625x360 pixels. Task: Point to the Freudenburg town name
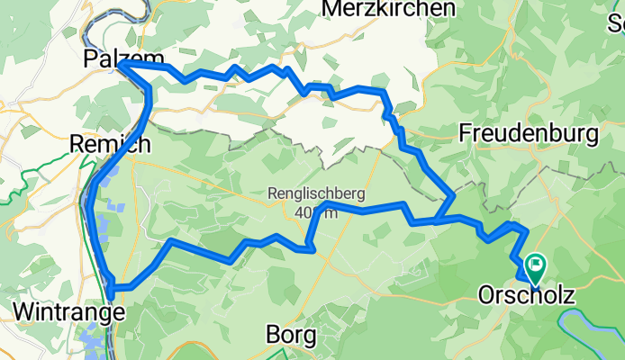tap(529, 134)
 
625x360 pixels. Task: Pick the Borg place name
tap(291, 335)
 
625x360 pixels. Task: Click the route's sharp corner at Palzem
tap(119, 66)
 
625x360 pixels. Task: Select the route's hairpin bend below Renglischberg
tap(311, 249)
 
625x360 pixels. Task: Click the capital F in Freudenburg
tap(465, 134)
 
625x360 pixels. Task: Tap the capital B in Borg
tap(274, 335)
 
